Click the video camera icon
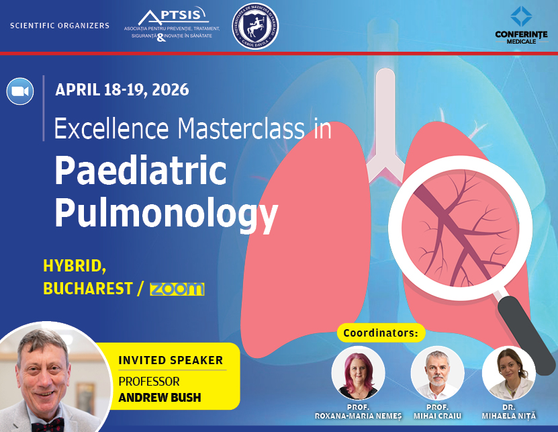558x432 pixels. click(20, 91)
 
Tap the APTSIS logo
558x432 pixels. click(167, 26)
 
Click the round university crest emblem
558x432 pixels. click(255, 26)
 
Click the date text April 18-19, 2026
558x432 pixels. click(122, 89)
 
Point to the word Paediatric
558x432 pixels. click(140, 171)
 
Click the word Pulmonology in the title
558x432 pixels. click(165, 213)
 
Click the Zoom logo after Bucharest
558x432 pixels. click(177, 289)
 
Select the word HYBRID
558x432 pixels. click(73, 266)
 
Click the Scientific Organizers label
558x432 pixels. click(60, 26)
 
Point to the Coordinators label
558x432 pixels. click(380, 333)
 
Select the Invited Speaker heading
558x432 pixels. click(171, 361)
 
